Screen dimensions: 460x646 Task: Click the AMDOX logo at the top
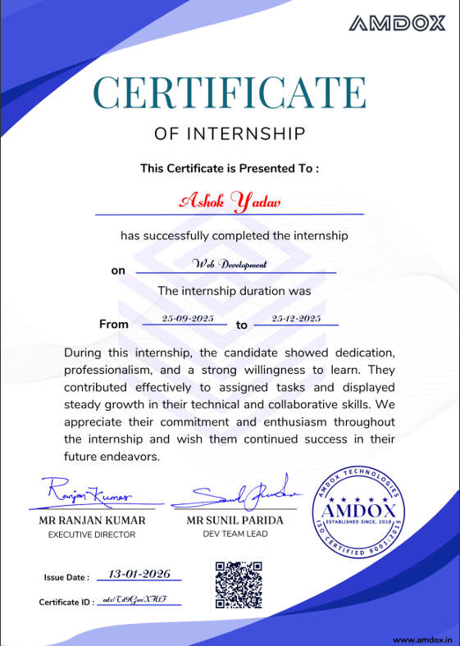[x=398, y=23]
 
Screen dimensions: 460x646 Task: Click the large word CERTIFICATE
[x=230, y=92]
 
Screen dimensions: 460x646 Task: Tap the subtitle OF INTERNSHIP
[x=230, y=133]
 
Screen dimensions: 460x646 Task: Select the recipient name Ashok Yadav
[x=230, y=200]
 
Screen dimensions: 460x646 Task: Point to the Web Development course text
[x=230, y=264]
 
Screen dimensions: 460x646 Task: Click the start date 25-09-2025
[x=188, y=318]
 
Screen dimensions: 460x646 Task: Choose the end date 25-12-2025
[x=296, y=318]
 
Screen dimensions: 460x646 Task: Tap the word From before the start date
[x=114, y=324]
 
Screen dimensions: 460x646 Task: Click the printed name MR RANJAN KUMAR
[x=92, y=521]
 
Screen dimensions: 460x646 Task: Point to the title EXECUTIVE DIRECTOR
[x=92, y=535]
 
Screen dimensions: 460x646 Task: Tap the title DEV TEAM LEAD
[x=235, y=534]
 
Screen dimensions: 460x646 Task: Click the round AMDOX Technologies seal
[x=358, y=516]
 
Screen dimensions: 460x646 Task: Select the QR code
[x=237, y=585]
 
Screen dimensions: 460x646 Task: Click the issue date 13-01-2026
[x=139, y=574]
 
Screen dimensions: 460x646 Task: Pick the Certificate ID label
[x=66, y=603]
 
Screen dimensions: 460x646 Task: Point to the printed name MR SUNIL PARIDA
[x=235, y=521]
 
